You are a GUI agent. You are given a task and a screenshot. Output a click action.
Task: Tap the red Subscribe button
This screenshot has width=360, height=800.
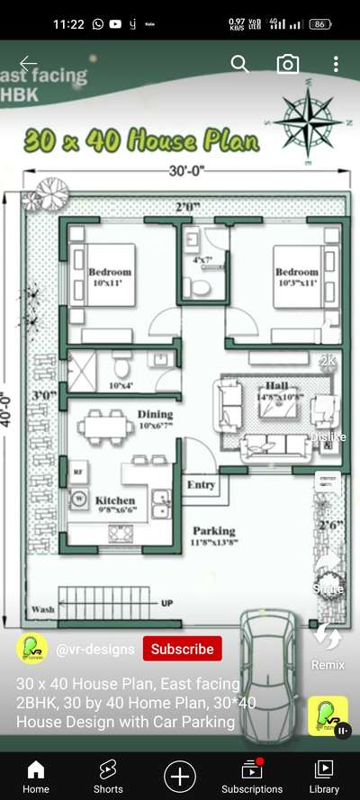(182, 649)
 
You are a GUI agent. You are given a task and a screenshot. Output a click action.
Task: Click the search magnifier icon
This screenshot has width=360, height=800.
(239, 63)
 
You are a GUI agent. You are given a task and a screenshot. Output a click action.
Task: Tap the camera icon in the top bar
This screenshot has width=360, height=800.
(287, 63)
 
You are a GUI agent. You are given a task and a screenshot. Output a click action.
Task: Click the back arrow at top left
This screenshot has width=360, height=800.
(29, 63)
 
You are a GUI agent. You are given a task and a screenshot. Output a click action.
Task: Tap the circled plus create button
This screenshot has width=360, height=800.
(180, 776)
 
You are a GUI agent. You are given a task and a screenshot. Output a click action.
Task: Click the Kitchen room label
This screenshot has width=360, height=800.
(115, 500)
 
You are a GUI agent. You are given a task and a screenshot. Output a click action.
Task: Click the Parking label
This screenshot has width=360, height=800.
(213, 531)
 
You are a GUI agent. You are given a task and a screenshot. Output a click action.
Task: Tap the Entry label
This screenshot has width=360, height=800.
(202, 485)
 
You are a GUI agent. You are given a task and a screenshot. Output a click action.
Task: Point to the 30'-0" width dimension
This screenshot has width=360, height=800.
(184, 171)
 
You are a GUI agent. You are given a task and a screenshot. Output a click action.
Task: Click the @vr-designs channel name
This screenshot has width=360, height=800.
(95, 649)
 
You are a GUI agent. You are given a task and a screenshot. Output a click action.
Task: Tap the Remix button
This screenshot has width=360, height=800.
(328, 646)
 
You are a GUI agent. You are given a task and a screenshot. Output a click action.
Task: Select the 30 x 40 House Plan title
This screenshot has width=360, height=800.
(141, 141)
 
